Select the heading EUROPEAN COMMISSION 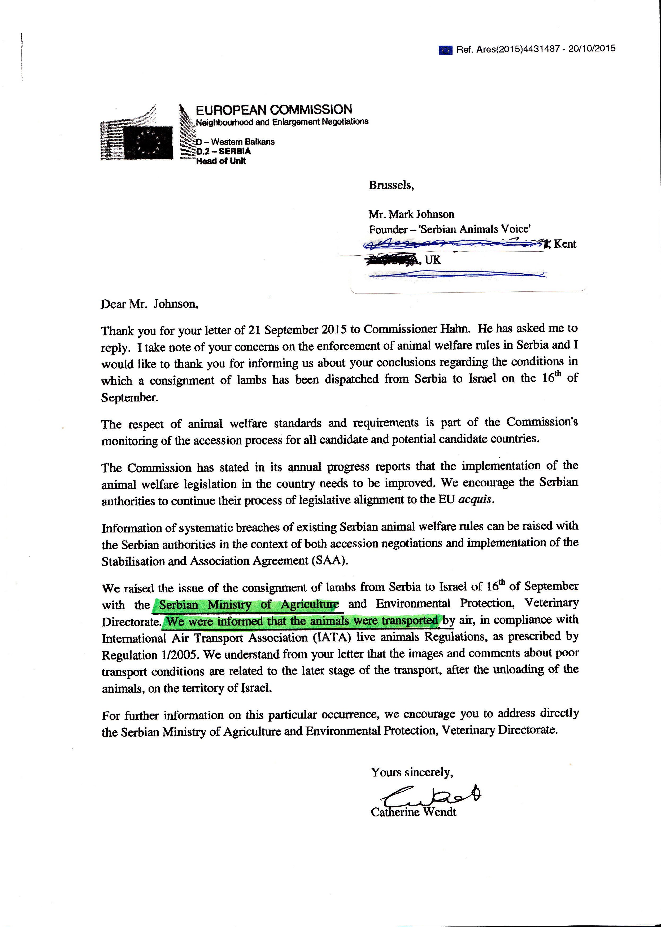point(273,110)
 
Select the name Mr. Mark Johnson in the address point(411,215)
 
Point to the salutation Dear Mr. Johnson point(149,304)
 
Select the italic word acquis point(475,499)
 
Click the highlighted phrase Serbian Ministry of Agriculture point(249,605)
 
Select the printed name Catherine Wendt point(413,812)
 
